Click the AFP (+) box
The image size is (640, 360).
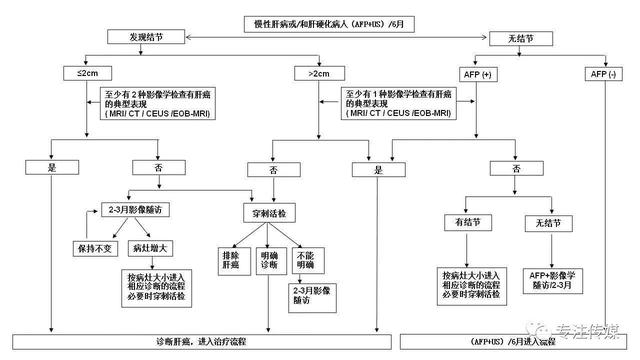tap(474, 73)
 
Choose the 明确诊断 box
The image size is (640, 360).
tap(268, 261)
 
